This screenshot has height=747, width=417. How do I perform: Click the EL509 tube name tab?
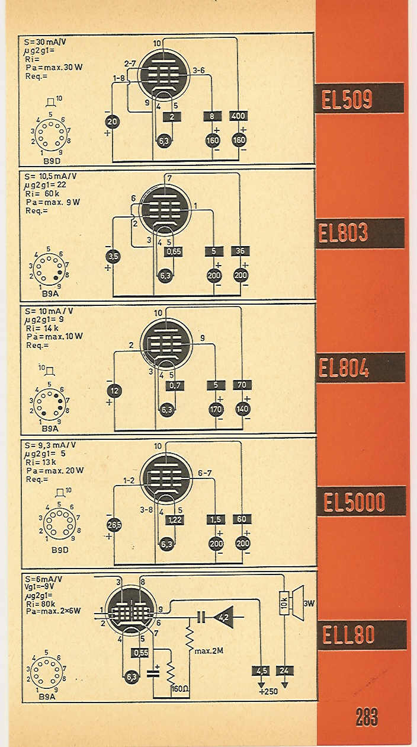click(359, 98)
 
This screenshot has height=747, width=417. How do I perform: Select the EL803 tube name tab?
click(360, 233)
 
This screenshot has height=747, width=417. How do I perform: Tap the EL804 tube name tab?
click(360, 367)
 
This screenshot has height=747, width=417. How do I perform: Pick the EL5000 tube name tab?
click(361, 501)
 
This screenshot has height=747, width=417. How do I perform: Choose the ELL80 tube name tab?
click(362, 634)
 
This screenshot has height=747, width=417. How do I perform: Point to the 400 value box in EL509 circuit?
click(239, 116)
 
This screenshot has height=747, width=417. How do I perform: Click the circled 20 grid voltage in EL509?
click(112, 122)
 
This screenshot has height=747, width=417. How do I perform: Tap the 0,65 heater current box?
click(174, 251)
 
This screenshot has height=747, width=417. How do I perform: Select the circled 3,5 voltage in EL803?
click(114, 256)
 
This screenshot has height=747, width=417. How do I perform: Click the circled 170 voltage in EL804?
click(216, 409)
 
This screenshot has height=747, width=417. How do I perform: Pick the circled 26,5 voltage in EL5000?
click(114, 525)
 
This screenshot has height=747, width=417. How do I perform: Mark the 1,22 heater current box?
click(175, 519)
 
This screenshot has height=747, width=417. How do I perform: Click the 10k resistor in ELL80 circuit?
click(284, 603)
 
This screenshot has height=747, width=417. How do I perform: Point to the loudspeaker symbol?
click(297, 603)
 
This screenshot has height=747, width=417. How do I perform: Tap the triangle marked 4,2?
click(224, 618)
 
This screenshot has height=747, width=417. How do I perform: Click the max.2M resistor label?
click(208, 650)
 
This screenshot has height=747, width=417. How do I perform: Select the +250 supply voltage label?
click(268, 691)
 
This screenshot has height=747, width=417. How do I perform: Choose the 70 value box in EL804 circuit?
click(242, 385)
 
